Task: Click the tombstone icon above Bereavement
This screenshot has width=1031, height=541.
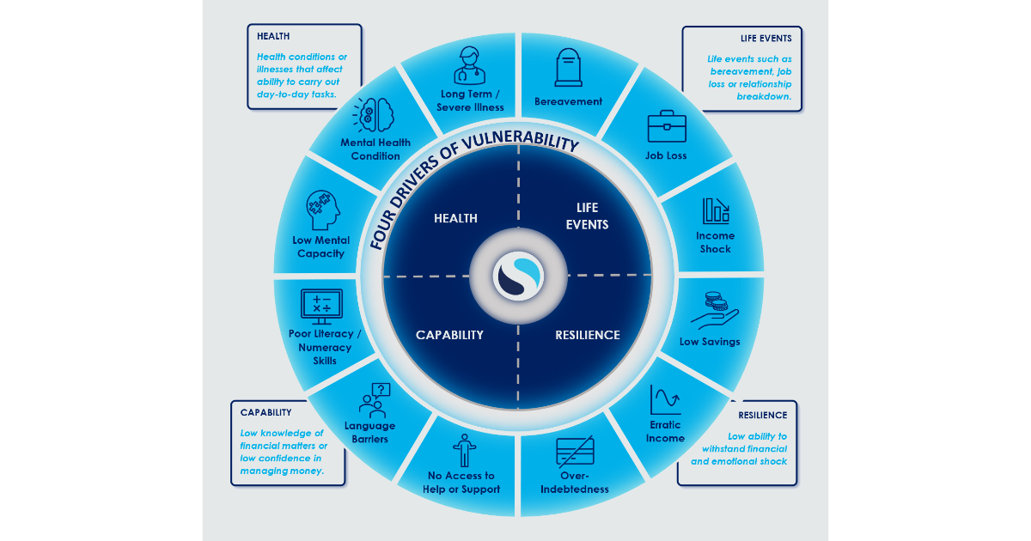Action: (568, 68)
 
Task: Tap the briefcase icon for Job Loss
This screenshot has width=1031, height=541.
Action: (666, 126)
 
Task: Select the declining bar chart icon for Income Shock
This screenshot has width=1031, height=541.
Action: (715, 210)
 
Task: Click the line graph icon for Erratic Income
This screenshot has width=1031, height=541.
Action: (666, 399)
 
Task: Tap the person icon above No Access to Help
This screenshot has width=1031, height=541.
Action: (464, 448)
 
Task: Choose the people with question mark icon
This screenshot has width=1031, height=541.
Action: (375, 399)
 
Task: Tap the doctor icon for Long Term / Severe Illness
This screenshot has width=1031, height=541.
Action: (469, 65)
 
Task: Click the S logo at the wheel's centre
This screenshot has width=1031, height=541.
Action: (518, 277)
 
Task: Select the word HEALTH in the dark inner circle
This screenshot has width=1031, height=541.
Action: (455, 218)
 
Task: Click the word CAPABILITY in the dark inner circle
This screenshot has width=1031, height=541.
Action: (449, 335)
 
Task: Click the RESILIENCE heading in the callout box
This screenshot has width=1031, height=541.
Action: (762, 416)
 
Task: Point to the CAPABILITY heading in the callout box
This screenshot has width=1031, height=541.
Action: (265, 413)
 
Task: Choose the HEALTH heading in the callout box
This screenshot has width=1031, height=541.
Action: (273, 36)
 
